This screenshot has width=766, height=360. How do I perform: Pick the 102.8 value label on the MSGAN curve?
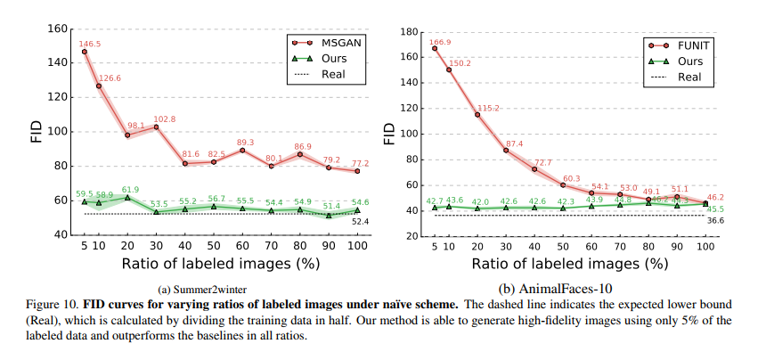coord(163,119)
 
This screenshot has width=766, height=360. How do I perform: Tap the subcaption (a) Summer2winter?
coord(204,288)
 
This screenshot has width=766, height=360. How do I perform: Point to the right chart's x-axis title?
coord(566,264)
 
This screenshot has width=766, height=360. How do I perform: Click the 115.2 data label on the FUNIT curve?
coord(487,107)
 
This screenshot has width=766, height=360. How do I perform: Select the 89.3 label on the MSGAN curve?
coord(245,142)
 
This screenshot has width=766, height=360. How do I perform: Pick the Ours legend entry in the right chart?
coord(689,61)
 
